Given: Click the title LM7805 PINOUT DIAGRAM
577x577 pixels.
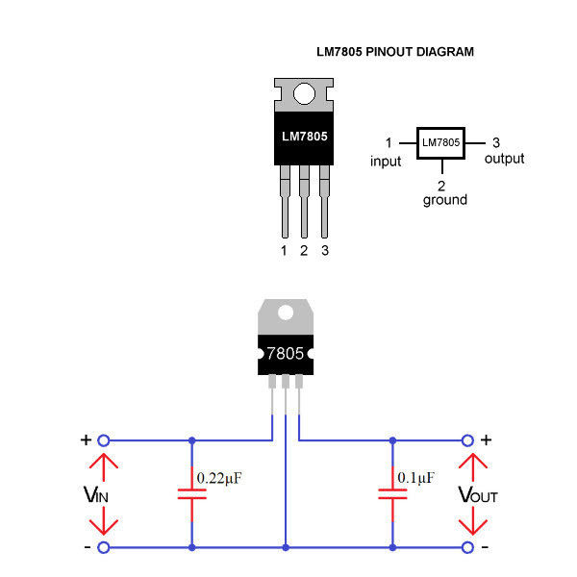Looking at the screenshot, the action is (x=395, y=52).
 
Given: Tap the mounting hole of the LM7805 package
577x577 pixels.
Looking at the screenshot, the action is (x=304, y=93).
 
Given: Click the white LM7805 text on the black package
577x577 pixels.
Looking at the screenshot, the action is (x=304, y=137).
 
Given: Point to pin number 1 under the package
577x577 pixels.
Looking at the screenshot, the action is (x=284, y=251).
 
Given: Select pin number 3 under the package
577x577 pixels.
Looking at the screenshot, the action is (x=325, y=251).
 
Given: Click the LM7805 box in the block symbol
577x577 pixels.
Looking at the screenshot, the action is (x=440, y=143).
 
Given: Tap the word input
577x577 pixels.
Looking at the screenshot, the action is (x=386, y=162).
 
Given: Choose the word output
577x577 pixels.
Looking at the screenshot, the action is (x=504, y=159).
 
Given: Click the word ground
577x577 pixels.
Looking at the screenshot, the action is (x=445, y=200).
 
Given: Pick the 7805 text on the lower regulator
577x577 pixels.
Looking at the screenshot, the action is (x=286, y=354).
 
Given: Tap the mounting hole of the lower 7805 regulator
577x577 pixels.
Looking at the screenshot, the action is (x=286, y=313).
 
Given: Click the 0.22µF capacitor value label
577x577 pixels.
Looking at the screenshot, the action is (x=219, y=478).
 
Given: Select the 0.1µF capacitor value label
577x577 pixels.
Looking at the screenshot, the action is (x=415, y=478).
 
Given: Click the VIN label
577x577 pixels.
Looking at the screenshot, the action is (x=95, y=494).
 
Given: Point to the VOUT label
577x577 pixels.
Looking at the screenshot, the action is (x=478, y=494).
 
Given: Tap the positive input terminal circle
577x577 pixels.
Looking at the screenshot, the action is (x=104, y=440).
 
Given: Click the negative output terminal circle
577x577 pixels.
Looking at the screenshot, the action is (x=467, y=547).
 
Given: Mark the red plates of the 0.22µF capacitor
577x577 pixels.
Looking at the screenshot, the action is (x=191, y=494).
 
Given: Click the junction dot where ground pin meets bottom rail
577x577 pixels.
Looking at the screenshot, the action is (x=286, y=547).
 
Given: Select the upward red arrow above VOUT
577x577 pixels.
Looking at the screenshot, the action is (x=473, y=467).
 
